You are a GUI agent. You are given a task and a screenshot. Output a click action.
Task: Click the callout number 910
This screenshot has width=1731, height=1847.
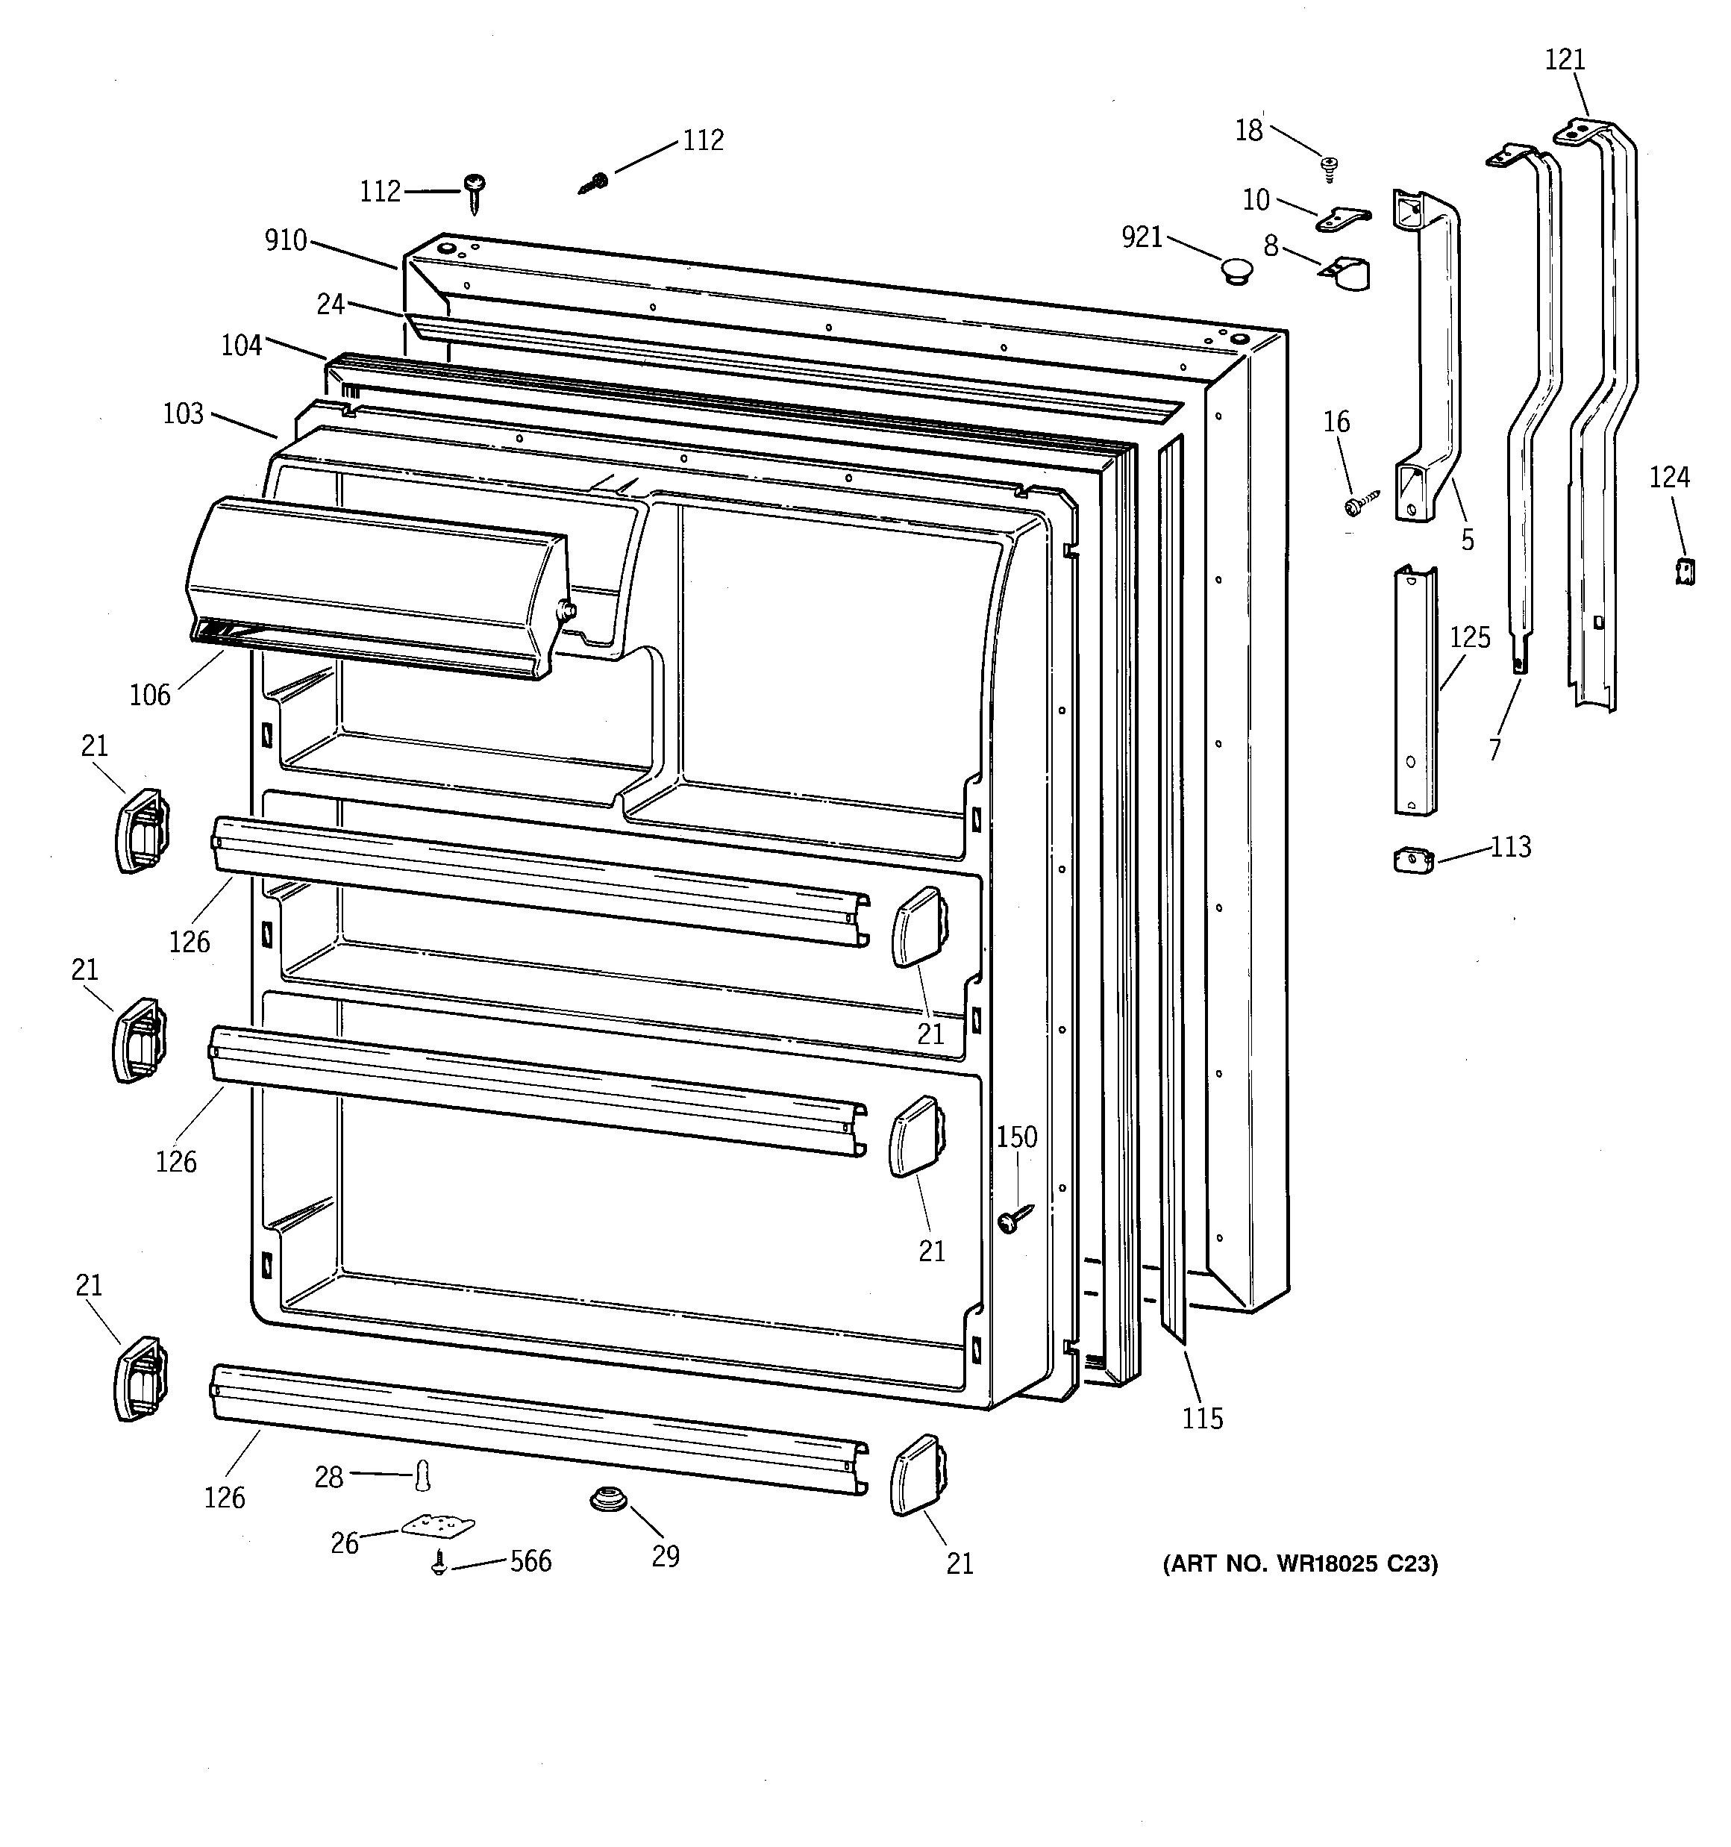pyautogui.click(x=285, y=240)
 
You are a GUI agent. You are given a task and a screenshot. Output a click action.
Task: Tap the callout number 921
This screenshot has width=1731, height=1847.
pyautogui.click(x=1142, y=238)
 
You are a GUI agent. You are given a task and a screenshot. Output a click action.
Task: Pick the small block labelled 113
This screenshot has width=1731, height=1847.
pyautogui.click(x=1413, y=860)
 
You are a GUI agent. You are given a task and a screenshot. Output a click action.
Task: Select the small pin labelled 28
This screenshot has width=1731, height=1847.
pyautogui.click(x=424, y=1475)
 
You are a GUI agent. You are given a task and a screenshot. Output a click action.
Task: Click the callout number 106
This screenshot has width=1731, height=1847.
pyautogui.click(x=149, y=695)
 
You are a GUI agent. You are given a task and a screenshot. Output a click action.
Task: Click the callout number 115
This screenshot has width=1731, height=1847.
pyautogui.click(x=1202, y=1419)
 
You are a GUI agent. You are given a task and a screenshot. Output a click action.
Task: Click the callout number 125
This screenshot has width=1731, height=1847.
pyautogui.click(x=1470, y=637)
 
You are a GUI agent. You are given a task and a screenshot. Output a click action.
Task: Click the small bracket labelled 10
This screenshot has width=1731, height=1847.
pyautogui.click(x=1342, y=219)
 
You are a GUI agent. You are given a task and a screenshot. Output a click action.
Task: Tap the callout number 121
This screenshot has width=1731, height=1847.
pyautogui.click(x=1565, y=60)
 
